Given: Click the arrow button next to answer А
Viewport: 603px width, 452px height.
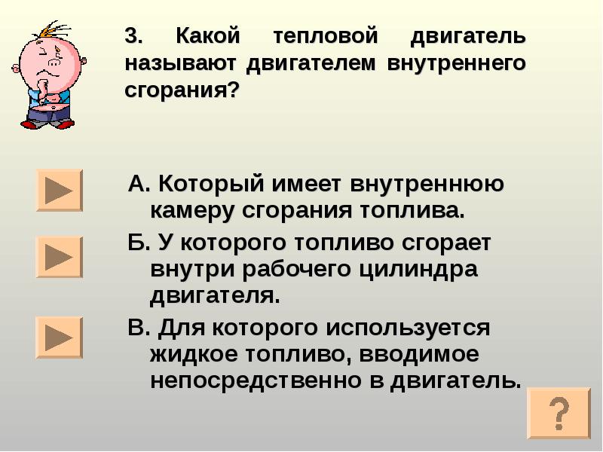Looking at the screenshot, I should click(x=59, y=190).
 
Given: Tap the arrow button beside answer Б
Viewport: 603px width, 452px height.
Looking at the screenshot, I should click(x=59, y=257).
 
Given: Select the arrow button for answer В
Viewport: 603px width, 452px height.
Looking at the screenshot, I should click(x=59, y=337).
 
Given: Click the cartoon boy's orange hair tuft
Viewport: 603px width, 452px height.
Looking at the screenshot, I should click(x=53, y=32).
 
